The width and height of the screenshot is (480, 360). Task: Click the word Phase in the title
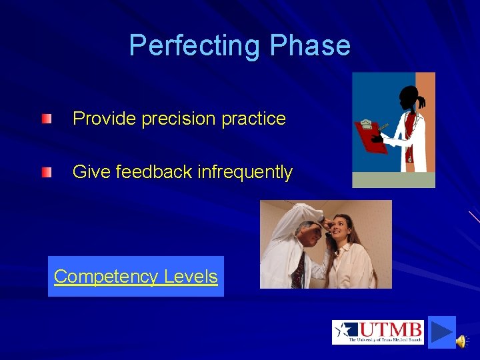310,45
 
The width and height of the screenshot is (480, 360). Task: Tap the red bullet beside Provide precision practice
46,119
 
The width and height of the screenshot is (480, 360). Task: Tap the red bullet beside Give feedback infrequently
46,173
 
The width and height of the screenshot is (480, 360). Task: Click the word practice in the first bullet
253,119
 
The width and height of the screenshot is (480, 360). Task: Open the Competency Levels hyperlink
136,277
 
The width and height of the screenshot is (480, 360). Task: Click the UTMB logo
377,332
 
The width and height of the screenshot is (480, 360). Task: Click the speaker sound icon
461,341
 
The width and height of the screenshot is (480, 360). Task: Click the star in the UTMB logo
345,331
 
